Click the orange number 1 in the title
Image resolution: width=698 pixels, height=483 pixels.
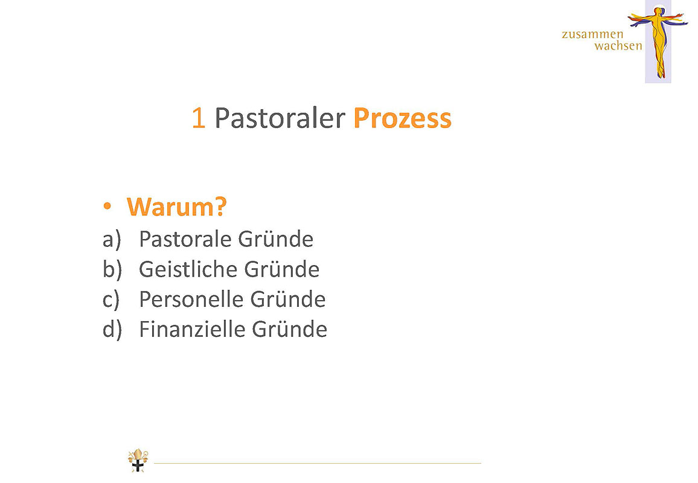point(199,118)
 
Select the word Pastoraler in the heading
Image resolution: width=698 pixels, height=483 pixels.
point(280,118)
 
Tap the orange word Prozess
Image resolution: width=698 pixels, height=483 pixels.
point(402,118)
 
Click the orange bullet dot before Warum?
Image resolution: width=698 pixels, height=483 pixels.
point(107,206)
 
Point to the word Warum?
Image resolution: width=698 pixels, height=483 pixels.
point(177,207)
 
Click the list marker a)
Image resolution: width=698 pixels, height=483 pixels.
point(112,240)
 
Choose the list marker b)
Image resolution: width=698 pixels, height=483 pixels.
point(112,269)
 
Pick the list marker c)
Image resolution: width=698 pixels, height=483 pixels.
point(111,299)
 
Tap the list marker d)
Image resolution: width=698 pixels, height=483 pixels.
point(112,330)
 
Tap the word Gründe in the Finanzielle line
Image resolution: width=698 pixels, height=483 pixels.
point(290,330)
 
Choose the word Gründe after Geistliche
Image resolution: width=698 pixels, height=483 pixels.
point(282,269)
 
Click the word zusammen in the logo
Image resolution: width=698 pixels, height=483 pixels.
point(592,34)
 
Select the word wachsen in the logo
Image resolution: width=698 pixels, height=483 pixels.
point(618,46)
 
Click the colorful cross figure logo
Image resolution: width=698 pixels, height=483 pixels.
point(658,42)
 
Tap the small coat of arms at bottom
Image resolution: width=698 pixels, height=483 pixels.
point(138,460)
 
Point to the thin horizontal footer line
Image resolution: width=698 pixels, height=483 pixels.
point(318,464)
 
